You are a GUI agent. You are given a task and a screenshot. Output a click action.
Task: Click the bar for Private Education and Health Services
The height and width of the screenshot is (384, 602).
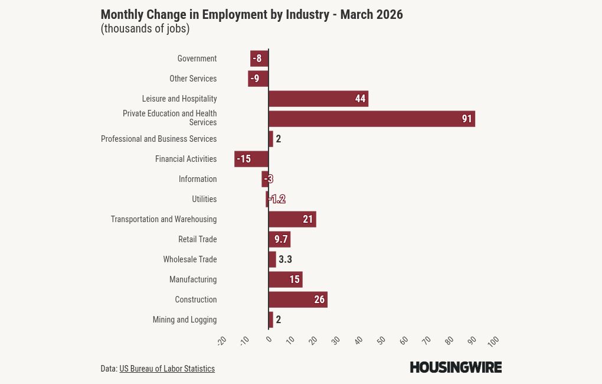(372, 119)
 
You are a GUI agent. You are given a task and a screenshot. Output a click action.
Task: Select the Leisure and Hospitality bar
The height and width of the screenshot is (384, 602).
(318, 99)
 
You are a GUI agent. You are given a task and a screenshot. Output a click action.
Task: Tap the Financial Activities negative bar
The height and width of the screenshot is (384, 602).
(251, 159)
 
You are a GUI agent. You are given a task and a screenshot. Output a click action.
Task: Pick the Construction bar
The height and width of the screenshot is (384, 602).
(297, 300)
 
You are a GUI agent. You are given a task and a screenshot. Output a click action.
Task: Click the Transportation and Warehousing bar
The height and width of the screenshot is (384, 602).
(292, 219)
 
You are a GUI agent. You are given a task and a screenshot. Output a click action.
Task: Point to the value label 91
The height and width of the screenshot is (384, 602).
(467, 119)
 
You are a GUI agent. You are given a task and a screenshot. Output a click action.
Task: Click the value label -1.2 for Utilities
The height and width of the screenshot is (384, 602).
(277, 199)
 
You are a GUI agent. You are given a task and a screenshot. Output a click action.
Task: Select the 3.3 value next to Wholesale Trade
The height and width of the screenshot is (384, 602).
(285, 259)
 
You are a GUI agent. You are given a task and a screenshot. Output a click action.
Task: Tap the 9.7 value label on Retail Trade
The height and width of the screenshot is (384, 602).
(281, 239)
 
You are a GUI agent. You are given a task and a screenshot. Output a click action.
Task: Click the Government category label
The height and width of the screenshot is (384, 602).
(197, 58)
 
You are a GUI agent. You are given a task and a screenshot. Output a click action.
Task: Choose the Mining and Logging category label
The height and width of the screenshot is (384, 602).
(185, 320)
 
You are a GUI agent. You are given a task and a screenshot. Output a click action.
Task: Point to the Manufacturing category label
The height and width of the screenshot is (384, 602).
(193, 279)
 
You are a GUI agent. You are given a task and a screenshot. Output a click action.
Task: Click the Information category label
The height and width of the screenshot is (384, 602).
(198, 179)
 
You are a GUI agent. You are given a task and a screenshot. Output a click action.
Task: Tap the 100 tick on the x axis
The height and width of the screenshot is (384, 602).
(493, 341)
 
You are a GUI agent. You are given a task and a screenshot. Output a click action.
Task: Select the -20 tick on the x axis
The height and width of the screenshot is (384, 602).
(222, 341)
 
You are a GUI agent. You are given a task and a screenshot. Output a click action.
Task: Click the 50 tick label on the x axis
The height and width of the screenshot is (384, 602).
(381, 341)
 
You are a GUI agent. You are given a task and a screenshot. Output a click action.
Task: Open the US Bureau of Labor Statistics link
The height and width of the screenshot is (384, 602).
(167, 369)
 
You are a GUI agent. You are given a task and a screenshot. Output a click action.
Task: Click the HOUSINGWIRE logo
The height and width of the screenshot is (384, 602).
(456, 367)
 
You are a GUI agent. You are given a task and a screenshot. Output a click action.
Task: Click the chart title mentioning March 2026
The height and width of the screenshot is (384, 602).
(251, 15)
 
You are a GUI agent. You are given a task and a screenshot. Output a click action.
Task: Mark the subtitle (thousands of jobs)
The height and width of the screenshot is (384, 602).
(145, 28)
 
